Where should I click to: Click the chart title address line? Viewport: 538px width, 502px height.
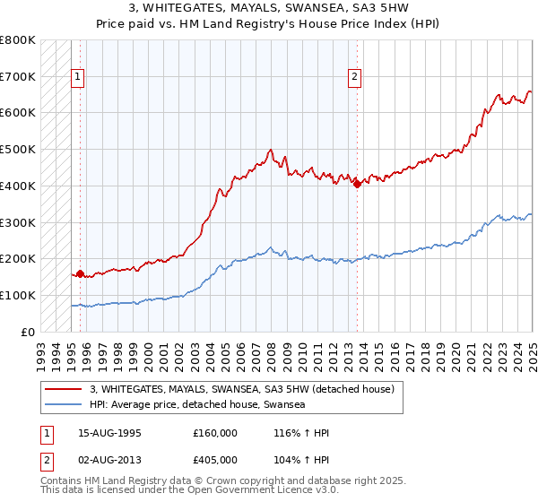pos(268,8)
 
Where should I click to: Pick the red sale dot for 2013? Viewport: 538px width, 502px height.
pos(357,184)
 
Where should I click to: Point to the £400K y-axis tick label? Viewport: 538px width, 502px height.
pos(18,186)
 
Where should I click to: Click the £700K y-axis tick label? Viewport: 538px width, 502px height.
pos(18,76)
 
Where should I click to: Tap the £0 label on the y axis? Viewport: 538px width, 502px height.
pos(29,332)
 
